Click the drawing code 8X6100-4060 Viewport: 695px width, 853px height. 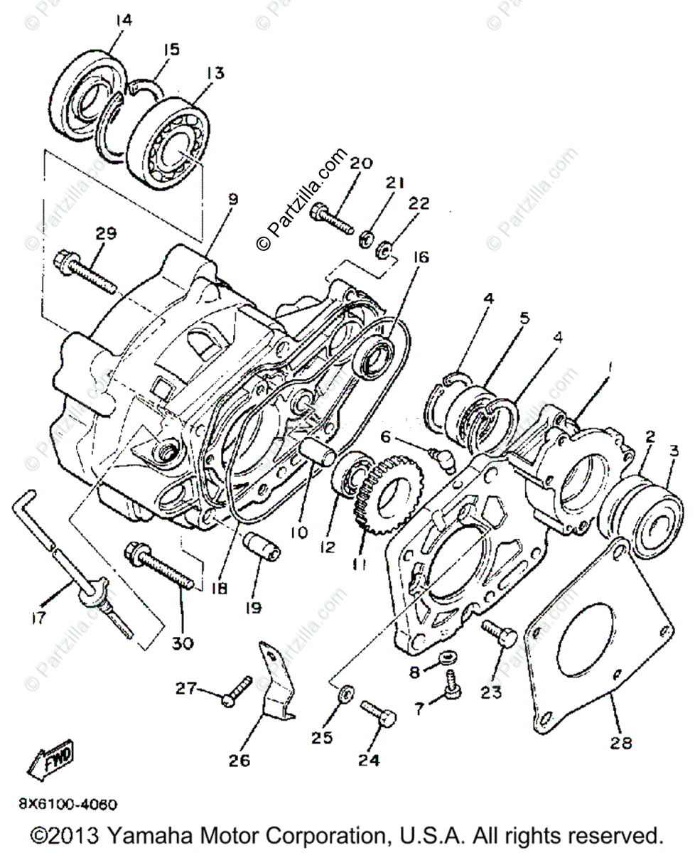(x=68, y=805)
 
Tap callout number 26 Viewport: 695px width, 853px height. (x=239, y=761)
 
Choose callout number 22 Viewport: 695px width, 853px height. (x=419, y=204)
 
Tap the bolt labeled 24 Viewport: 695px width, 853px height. (x=378, y=712)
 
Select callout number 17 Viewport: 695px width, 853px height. (x=39, y=618)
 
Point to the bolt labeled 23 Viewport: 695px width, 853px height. (x=500, y=635)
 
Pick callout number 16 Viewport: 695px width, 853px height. (x=419, y=257)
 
